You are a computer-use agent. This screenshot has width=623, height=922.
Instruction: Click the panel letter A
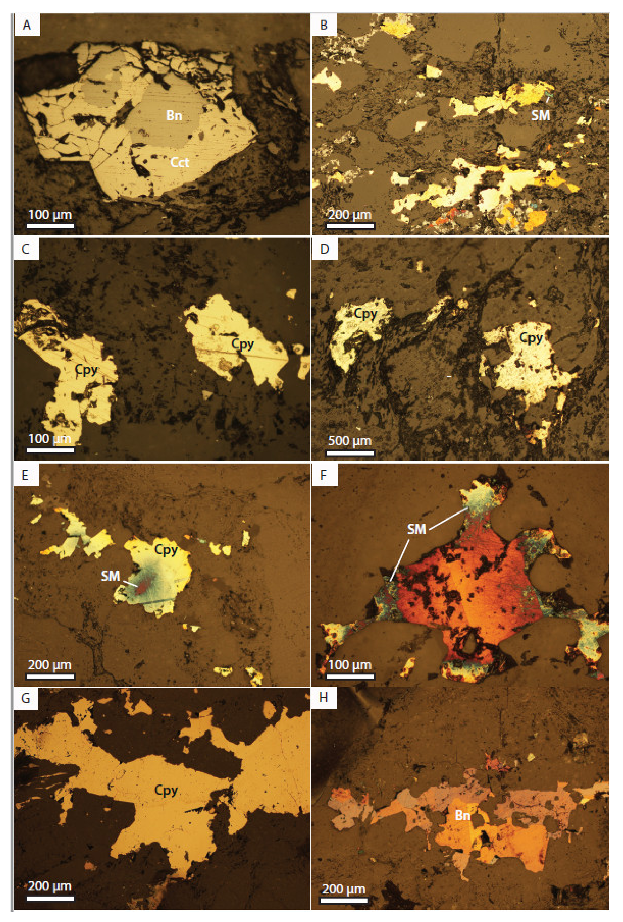[x=27, y=25]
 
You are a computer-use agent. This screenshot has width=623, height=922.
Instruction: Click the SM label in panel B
[x=540, y=115]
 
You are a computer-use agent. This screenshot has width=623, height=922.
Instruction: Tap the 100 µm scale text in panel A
[x=50, y=215]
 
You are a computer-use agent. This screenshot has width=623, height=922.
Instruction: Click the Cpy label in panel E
[x=166, y=550]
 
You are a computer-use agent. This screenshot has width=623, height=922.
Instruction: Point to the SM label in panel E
[x=110, y=576]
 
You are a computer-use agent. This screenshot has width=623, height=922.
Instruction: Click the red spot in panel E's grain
[x=141, y=588]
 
